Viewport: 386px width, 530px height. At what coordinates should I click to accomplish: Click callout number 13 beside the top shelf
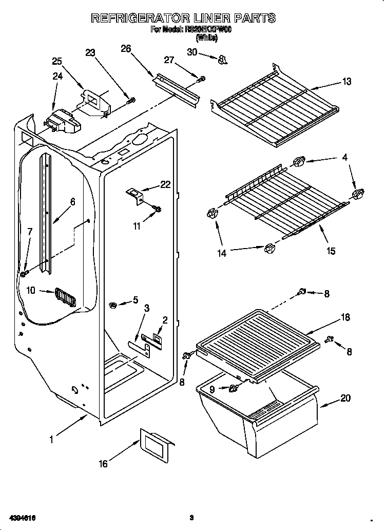(348, 81)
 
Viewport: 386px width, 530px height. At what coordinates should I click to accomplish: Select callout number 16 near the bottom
(104, 464)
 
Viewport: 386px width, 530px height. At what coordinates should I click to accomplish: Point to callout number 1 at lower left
(51, 439)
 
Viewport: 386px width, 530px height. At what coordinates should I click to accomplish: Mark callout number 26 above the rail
(126, 49)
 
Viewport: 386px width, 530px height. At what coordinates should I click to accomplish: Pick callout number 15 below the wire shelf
(331, 251)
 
